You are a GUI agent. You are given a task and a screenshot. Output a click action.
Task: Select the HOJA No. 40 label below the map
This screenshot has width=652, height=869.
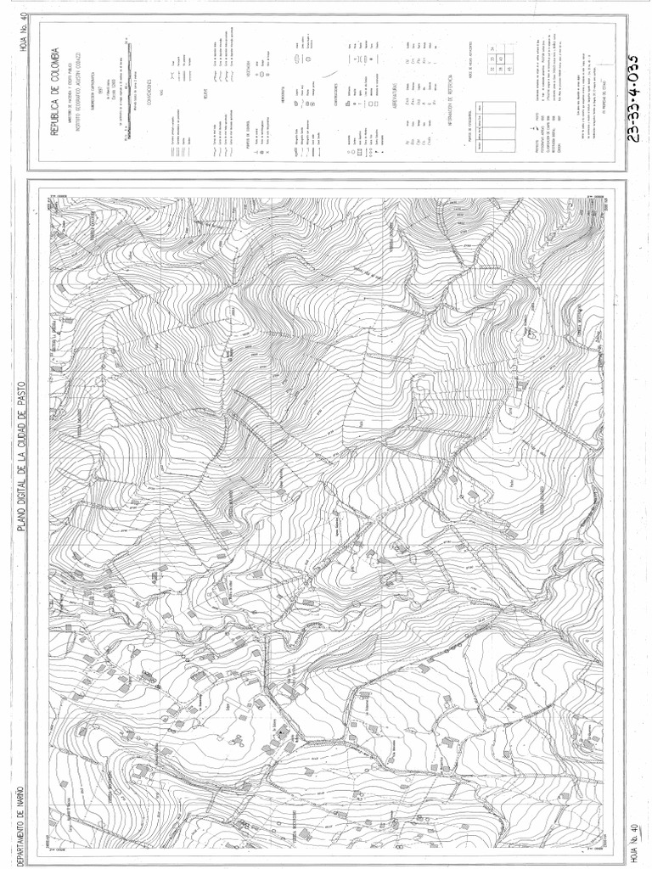tap(629, 840)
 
